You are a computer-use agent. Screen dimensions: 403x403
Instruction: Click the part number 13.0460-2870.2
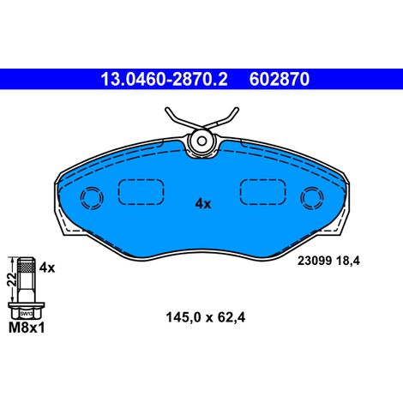point(164,79)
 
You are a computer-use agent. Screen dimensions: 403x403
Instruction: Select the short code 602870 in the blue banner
point(280,79)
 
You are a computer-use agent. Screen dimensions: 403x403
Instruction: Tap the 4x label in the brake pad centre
point(203,204)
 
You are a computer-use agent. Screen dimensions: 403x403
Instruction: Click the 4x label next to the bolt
point(47,268)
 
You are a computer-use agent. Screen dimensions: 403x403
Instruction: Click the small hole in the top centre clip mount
point(202,141)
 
